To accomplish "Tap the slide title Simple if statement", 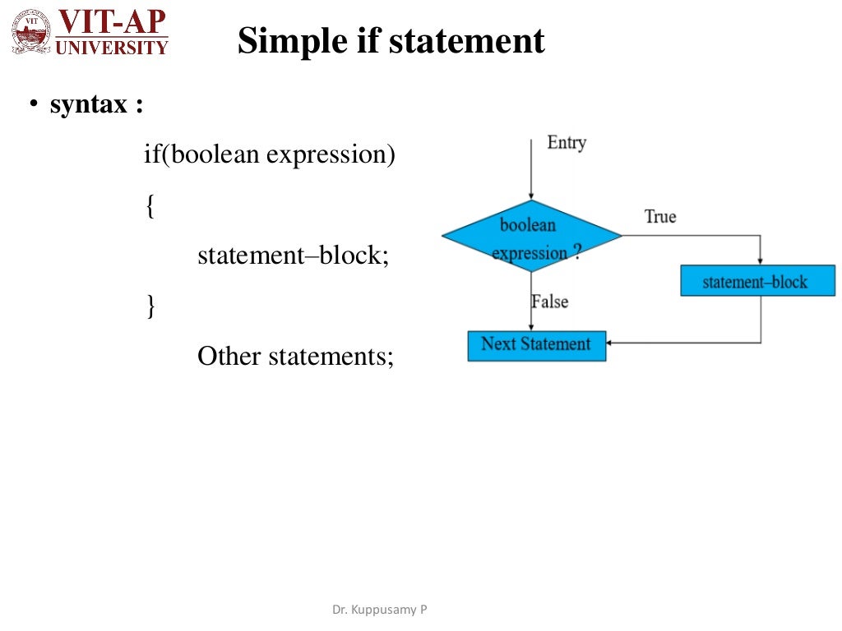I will pyautogui.click(x=391, y=40).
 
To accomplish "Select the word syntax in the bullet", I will pyautogui.click(x=89, y=105).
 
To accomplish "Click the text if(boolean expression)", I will pyautogui.click(x=270, y=154).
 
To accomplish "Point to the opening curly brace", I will pyautogui.click(x=150, y=205).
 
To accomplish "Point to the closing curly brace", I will pyautogui.click(x=150, y=306).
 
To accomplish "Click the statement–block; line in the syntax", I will pyautogui.click(x=293, y=256).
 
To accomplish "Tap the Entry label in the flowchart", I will pyautogui.click(x=567, y=143).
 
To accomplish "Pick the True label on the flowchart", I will pyautogui.click(x=660, y=217).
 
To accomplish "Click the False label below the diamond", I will pyautogui.click(x=550, y=302).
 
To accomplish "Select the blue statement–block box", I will pyautogui.click(x=757, y=282).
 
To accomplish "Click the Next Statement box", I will pyautogui.click(x=536, y=345).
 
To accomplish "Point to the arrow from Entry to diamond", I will pyautogui.click(x=533, y=168).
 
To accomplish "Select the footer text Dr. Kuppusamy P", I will pyautogui.click(x=379, y=610).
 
